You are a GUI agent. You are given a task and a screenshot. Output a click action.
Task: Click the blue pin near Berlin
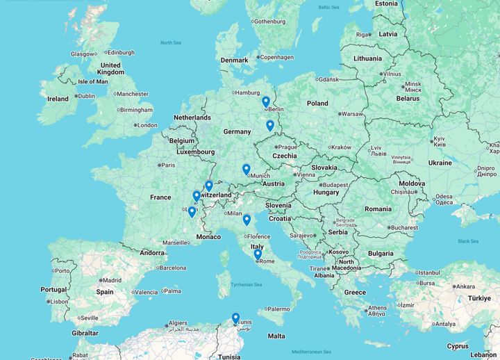click(266, 102)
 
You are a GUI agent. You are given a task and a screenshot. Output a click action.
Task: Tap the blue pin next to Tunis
click(235, 318)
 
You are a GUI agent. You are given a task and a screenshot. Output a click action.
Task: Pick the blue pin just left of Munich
click(246, 169)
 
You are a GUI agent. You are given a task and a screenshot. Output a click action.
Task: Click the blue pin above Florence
click(247, 220)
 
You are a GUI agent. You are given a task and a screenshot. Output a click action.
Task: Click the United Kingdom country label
click(110, 69)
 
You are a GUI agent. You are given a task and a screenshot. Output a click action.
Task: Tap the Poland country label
click(317, 103)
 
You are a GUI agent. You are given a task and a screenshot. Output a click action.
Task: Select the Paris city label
click(168, 165)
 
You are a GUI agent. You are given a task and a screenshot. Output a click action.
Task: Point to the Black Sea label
click(468, 241)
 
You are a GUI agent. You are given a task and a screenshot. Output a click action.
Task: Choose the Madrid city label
click(111, 280)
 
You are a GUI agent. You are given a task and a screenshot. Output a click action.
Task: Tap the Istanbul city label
click(428, 272)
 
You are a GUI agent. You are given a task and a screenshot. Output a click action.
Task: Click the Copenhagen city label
click(277, 57)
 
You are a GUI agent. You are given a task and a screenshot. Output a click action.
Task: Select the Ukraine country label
click(440, 163)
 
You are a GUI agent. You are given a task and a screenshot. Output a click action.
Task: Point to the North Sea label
click(170, 43)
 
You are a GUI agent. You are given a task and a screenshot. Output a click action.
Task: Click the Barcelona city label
click(172, 268)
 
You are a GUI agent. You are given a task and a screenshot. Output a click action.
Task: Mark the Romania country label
click(378, 208)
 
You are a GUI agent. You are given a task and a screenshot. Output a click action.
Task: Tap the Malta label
click(276, 336)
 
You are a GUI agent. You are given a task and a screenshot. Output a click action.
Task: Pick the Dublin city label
click(86, 96)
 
